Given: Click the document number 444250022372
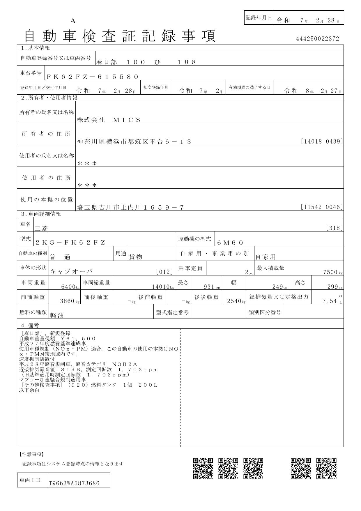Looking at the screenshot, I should pos(317,39).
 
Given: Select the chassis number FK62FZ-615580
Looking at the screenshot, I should pos(92,77).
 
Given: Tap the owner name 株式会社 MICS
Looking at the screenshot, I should pos(109,120).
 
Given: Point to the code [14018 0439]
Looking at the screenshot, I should pos(322,142).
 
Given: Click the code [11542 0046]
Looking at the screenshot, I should pos(322,207).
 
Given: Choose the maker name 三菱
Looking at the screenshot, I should pos(41,228).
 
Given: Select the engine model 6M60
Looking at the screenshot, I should pos(230,243).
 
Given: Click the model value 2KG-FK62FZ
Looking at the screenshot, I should pos(70,243).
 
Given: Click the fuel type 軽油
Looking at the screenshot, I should pos(57,315).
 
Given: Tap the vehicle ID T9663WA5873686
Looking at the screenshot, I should pos(74,483).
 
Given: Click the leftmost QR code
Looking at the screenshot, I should pos(203,468).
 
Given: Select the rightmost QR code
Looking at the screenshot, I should pos(326,468).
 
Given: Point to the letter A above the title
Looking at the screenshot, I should pos(73,21).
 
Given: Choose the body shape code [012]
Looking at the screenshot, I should pos(164,272).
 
